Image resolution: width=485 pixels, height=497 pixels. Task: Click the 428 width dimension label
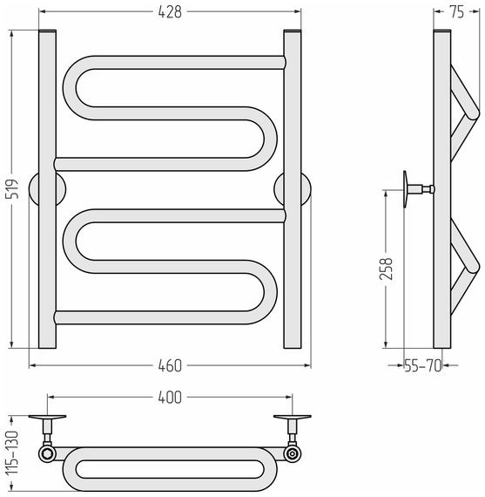pyautogui.click(x=170, y=12)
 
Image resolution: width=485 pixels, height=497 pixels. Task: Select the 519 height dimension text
pyautogui.click(x=13, y=189)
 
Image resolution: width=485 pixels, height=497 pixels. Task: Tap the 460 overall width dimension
pyautogui.click(x=170, y=366)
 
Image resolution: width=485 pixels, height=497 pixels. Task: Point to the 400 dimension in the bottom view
pyautogui.click(x=170, y=398)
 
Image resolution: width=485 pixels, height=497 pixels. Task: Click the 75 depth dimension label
pyautogui.click(x=456, y=12)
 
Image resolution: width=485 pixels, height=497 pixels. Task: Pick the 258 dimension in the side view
pyautogui.click(x=386, y=269)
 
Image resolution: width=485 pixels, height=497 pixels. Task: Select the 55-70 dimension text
pyautogui.click(x=423, y=366)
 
